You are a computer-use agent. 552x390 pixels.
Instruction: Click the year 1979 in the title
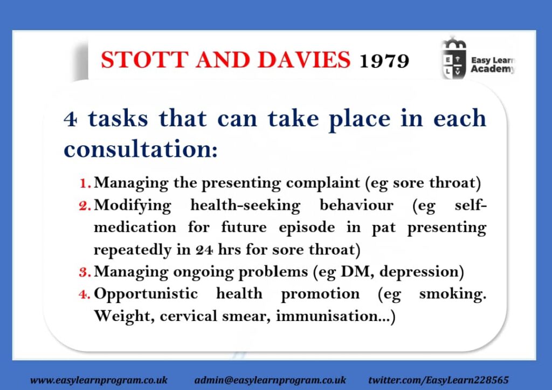pos(384,61)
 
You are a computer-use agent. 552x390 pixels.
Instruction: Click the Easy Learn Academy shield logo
pos(454,58)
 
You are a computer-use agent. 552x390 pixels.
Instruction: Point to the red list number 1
pos(85,183)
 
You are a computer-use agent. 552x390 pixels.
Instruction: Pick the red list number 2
pos(85,206)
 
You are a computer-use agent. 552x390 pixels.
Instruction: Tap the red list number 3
pos(85,272)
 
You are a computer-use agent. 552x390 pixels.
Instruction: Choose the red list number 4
pos(85,294)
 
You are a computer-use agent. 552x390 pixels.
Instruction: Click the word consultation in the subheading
pos(141,149)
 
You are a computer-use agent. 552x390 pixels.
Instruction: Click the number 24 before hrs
pos(204,250)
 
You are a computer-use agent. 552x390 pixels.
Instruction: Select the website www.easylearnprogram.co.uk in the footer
pos(99,380)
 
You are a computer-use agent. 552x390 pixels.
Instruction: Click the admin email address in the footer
pos(270,380)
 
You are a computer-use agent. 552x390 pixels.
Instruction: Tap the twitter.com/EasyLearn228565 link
pos(438,380)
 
